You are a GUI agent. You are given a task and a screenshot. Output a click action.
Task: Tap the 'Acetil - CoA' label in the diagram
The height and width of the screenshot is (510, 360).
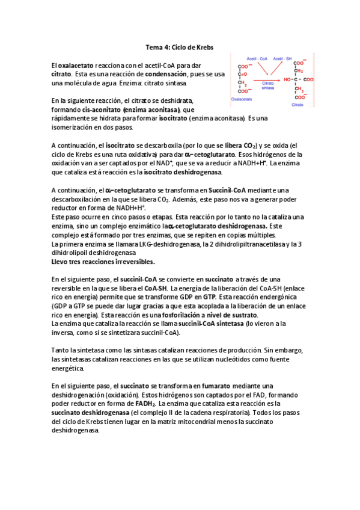(x=255, y=59)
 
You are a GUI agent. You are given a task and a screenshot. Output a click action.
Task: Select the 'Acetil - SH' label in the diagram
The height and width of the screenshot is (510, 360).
(x=283, y=59)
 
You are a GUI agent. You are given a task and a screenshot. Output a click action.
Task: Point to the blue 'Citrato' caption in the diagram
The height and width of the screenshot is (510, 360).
(x=298, y=104)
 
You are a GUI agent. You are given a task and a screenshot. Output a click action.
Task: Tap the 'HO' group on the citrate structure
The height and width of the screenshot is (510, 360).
(x=288, y=79)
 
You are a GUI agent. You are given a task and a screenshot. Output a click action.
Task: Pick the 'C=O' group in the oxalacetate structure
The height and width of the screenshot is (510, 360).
(x=242, y=75)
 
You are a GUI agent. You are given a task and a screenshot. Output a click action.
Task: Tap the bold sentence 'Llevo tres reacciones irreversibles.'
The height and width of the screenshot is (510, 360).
(x=103, y=262)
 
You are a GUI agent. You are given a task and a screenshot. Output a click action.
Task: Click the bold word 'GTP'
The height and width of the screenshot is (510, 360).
(x=209, y=297)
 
